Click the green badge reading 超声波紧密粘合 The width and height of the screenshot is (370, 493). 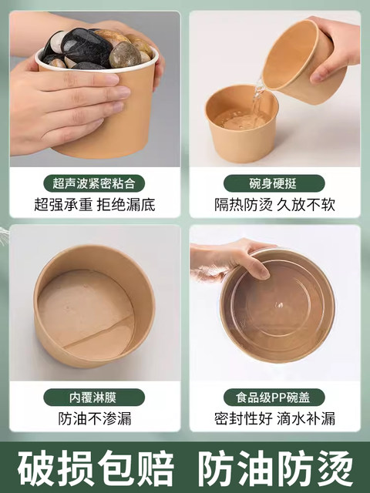(94, 183)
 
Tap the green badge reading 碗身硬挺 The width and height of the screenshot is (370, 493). (274, 183)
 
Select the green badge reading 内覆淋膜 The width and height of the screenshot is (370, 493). (94, 397)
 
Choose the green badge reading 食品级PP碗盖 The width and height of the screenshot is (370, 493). (274, 397)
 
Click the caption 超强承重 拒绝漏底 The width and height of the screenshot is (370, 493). (95, 205)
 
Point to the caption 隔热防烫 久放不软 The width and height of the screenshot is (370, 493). (274, 205)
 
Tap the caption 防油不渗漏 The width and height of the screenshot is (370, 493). (95, 418)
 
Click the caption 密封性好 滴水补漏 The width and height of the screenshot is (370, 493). (274, 418)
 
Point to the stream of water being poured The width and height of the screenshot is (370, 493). (257, 94)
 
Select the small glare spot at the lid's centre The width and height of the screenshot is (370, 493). (278, 305)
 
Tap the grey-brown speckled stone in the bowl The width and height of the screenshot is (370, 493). (125, 55)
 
